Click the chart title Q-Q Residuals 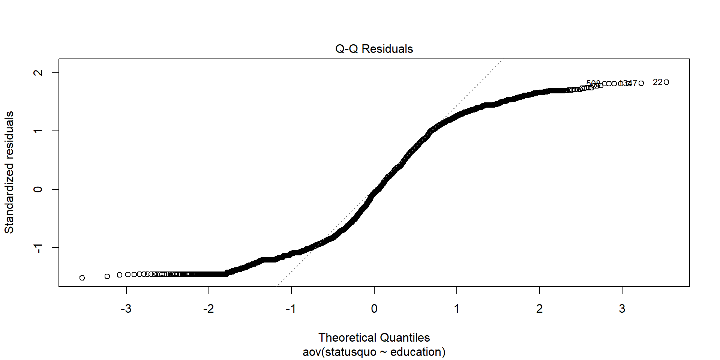point(374,49)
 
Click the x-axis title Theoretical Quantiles point(374,337)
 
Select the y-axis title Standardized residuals point(9,172)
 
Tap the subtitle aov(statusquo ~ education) point(374,352)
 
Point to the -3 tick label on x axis point(126,309)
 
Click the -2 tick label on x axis point(208,309)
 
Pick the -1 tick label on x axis point(291,309)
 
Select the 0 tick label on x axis point(374,309)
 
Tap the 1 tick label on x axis point(457,309)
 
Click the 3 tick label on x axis point(622,309)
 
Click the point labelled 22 point(666,82)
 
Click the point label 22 point(657,82)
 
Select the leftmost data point point(82,278)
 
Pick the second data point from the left point(107,276)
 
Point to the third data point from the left point(120,275)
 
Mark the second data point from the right point(641,83)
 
